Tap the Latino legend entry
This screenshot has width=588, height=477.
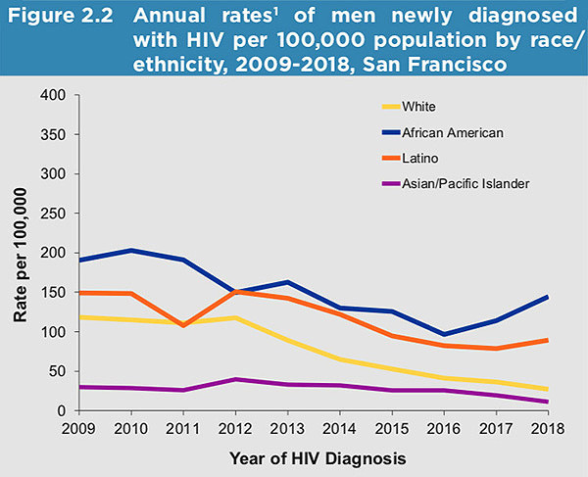(419, 157)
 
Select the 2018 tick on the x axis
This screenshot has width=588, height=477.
(547, 428)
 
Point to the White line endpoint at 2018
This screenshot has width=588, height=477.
(547, 389)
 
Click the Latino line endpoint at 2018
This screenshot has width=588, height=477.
(547, 340)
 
